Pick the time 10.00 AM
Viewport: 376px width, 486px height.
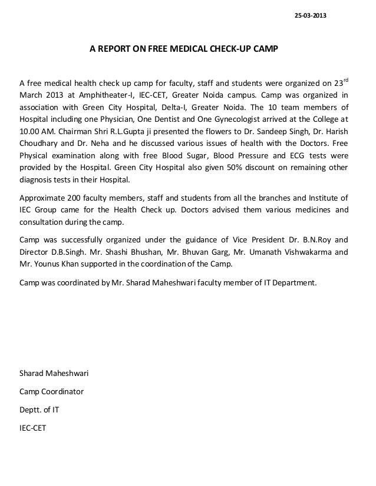coord(36,132)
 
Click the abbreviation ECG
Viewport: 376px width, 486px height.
coord(273,157)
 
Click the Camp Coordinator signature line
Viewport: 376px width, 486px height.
coord(52,391)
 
